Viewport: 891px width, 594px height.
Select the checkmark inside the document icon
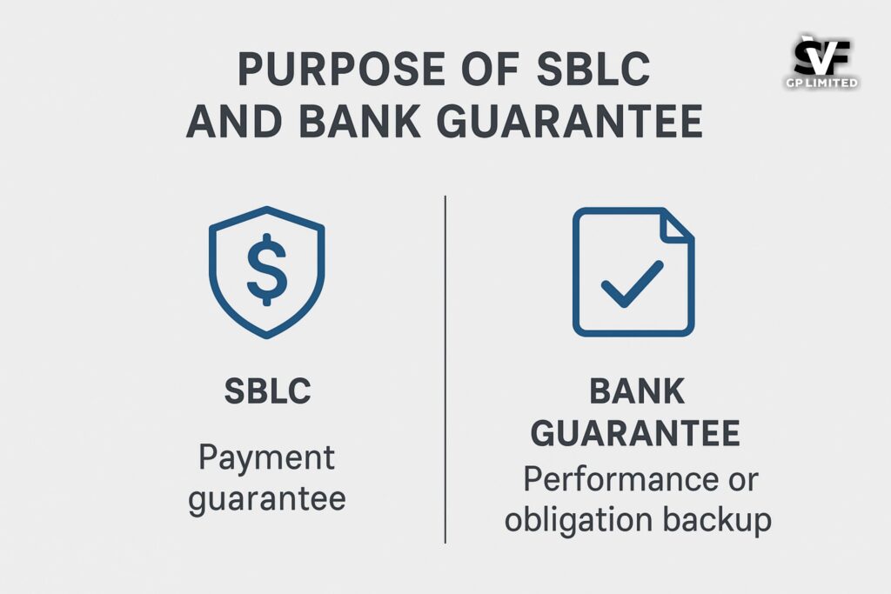(x=633, y=284)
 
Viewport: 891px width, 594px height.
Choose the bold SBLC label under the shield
(x=267, y=391)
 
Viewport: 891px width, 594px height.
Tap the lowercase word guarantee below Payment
(x=267, y=499)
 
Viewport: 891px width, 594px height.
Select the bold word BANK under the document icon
(x=637, y=391)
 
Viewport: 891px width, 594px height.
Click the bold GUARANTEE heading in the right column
(x=637, y=432)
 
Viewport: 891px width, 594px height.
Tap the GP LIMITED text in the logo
(x=821, y=83)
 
